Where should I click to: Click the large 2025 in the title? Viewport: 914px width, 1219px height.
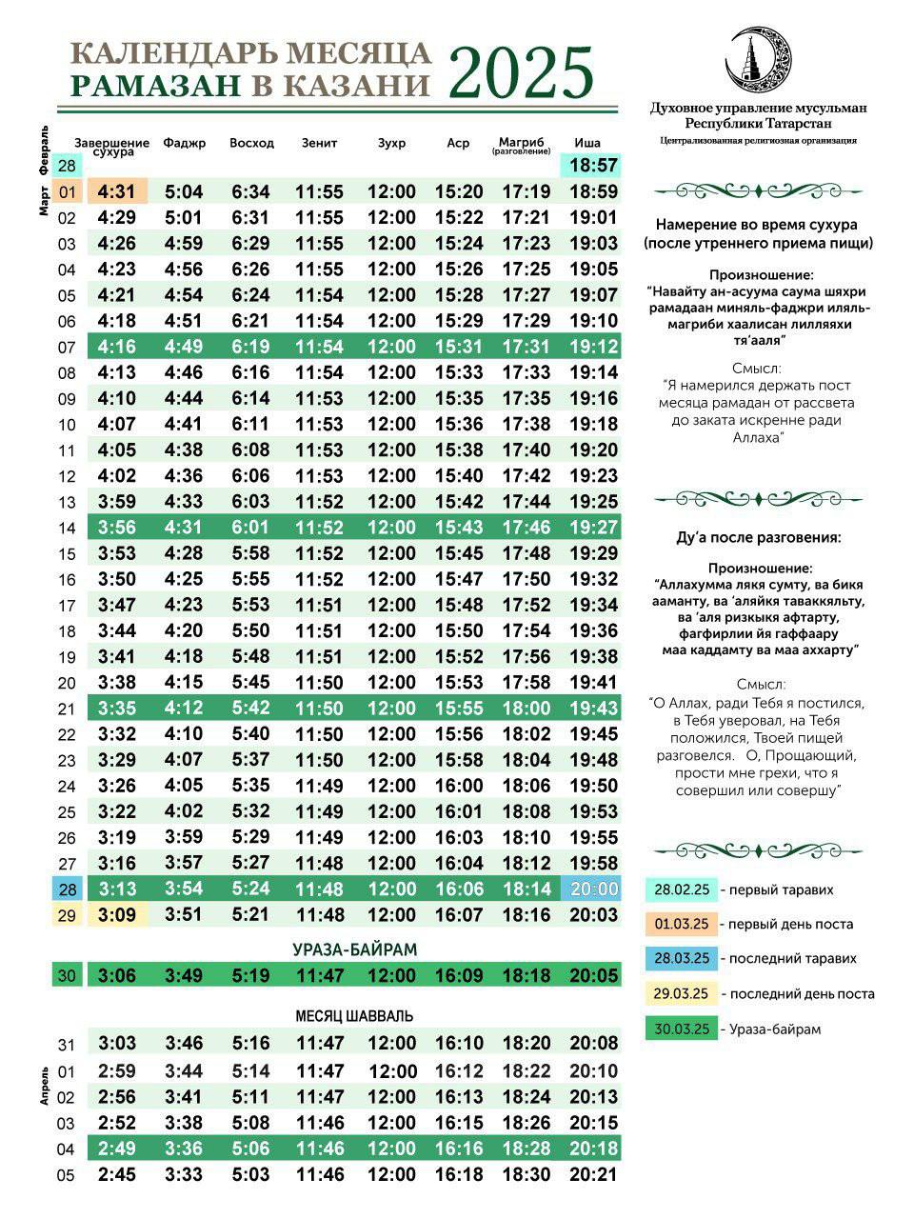pyautogui.click(x=521, y=72)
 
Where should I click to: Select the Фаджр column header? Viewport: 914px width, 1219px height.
pyautogui.click(x=184, y=143)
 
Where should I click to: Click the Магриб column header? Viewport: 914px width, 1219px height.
pyautogui.click(x=521, y=144)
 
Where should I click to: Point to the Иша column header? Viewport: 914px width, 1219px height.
pyautogui.click(x=587, y=143)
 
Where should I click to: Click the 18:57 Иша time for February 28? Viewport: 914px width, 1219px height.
pyautogui.click(x=593, y=166)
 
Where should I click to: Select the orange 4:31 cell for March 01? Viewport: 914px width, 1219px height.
pyautogui.click(x=116, y=191)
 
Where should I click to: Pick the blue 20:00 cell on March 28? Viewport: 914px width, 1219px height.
pyautogui.click(x=593, y=889)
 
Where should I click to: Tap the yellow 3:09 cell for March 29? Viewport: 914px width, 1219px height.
pyautogui.click(x=116, y=914)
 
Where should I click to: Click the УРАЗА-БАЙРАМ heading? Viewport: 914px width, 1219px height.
pyautogui.click(x=354, y=949)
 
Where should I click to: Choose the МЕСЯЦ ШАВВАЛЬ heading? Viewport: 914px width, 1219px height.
pyautogui.click(x=354, y=1016)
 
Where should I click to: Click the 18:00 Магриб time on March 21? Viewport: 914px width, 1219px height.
pyautogui.click(x=527, y=708)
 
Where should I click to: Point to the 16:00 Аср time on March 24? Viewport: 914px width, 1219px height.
pyautogui.click(x=459, y=786)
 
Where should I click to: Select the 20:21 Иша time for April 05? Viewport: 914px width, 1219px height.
pyautogui.click(x=593, y=1174)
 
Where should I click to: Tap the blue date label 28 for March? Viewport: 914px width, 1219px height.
pyautogui.click(x=67, y=889)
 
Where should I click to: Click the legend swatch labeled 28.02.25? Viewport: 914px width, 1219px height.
pyautogui.click(x=680, y=889)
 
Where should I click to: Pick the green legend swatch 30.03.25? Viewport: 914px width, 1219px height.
pyautogui.click(x=680, y=1029)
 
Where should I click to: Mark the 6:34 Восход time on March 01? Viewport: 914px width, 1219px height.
pyautogui.click(x=250, y=191)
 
